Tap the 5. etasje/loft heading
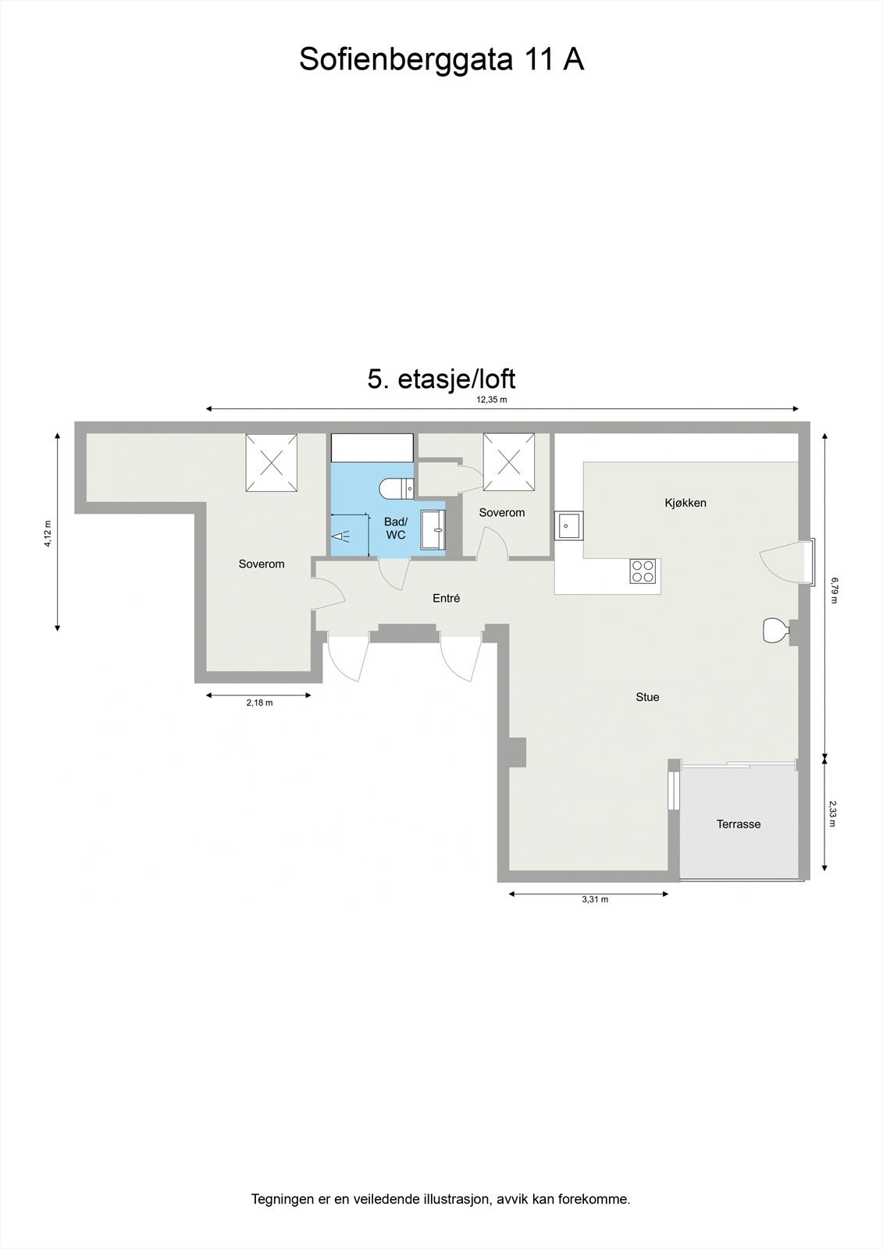[x=441, y=379]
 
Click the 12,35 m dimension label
[x=492, y=400]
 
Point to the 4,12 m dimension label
[x=48, y=533]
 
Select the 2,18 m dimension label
[x=259, y=703]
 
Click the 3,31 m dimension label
[x=595, y=899]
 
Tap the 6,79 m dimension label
[x=834, y=590]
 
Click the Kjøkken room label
[x=685, y=503]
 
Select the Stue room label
[x=647, y=697]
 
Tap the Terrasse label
[x=739, y=824]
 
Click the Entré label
[x=447, y=599]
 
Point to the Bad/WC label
[x=396, y=528]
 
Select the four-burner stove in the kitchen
[x=643, y=571]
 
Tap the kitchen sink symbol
[x=568, y=526]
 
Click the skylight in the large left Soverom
[x=272, y=463]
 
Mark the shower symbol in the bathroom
[x=340, y=536]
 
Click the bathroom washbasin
[x=432, y=530]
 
